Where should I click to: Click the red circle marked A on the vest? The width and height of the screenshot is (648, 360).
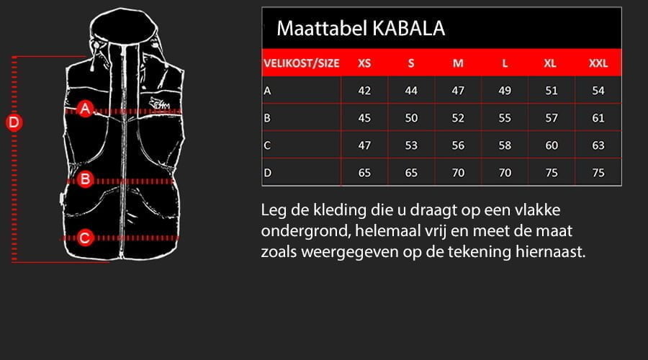[x=85, y=109]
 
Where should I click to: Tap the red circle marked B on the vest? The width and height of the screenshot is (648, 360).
[x=85, y=179]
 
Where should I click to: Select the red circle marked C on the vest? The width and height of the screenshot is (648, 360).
[x=85, y=237]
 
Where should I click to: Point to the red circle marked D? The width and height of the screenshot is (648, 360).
[x=14, y=122]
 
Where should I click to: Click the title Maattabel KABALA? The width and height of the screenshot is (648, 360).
[x=360, y=28]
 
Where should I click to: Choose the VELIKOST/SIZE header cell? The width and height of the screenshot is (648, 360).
[x=301, y=63]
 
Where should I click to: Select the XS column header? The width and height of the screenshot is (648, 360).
[x=364, y=63]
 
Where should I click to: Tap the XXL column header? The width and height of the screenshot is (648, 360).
[x=598, y=63]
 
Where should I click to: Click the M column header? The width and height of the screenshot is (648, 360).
[x=458, y=63]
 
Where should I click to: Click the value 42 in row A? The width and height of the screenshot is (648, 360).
[x=364, y=91]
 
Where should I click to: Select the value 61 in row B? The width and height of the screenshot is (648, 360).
[x=598, y=118]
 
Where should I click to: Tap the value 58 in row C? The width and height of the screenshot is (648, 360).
[x=505, y=145]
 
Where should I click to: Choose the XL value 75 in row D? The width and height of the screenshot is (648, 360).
[x=551, y=173]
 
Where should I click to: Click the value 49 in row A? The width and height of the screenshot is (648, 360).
[x=505, y=91]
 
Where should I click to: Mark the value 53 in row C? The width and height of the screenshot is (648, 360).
[x=411, y=145]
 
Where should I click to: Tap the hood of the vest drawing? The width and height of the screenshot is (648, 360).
[x=122, y=29]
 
